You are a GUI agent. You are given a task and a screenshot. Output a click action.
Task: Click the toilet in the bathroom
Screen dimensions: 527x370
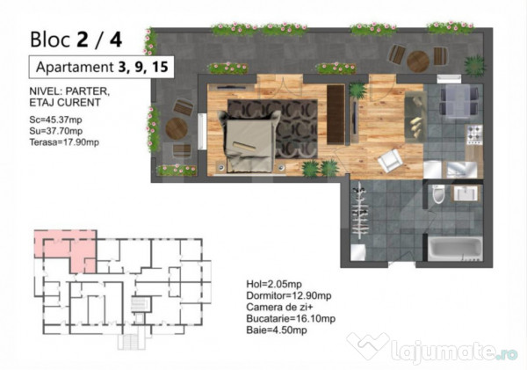(438, 194)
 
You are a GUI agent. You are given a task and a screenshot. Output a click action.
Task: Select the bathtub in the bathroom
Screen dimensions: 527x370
(455, 249)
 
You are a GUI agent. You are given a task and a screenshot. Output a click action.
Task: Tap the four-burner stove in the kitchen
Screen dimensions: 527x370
(474, 134)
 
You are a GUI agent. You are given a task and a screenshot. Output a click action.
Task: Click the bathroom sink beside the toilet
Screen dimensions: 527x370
(466, 193)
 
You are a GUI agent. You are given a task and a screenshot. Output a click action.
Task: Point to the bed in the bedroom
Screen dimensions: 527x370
(249, 141)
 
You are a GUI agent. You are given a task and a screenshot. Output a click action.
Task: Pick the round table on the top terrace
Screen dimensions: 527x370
(418, 62)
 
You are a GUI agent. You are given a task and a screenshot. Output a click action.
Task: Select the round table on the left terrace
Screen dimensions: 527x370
(177, 128)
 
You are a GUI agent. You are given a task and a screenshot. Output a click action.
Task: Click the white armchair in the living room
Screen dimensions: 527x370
(390, 161)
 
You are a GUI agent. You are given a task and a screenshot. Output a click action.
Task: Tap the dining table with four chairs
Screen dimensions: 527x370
(458, 100)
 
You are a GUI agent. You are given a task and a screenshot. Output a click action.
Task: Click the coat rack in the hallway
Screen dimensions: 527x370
(361, 210)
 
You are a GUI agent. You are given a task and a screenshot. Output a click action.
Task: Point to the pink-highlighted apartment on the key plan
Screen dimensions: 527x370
(66, 249)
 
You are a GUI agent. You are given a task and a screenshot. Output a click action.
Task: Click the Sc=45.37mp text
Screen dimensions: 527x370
(56, 120)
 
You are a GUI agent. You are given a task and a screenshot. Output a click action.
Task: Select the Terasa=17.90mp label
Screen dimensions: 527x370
(64, 142)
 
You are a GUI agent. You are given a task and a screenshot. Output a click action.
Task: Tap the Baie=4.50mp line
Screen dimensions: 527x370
(277, 330)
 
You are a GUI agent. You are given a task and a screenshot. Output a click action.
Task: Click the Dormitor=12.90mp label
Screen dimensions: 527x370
(289, 295)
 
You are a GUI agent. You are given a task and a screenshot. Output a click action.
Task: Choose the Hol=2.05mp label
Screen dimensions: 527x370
(274, 284)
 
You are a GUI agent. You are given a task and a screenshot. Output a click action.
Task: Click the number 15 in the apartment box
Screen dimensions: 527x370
(160, 67)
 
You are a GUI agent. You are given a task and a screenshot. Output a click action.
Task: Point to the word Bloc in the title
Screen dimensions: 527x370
(50, 40)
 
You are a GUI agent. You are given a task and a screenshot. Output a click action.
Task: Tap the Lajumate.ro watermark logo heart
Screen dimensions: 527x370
(367, 345)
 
